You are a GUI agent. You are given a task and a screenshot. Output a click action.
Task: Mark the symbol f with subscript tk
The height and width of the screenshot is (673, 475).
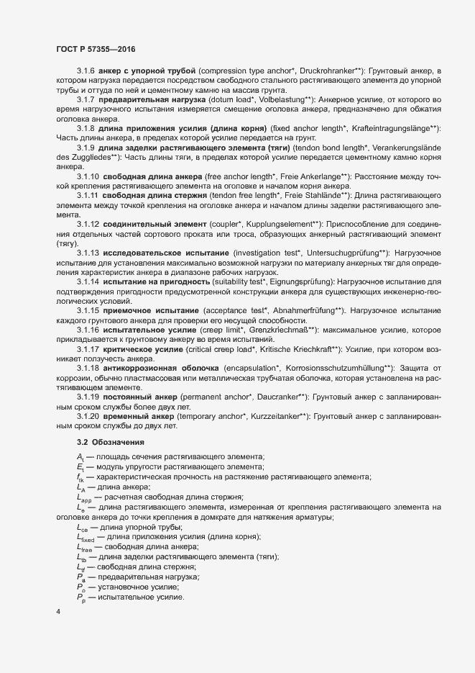tap(80, 478)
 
